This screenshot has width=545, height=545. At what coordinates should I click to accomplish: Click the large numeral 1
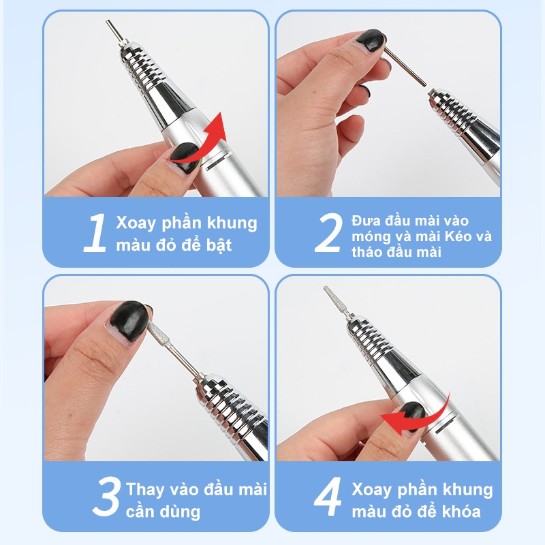click(x=96, y=233)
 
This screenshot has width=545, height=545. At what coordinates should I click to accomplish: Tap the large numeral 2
click(x=328, y=233)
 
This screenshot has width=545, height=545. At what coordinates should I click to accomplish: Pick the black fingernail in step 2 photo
click(x=372, y=40)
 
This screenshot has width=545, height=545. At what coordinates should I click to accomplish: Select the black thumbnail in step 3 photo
click(x=127, y=317)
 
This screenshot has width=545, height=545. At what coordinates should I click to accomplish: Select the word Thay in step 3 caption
click(x=145, y=489)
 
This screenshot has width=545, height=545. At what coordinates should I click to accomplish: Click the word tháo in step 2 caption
click(x=369, y=252)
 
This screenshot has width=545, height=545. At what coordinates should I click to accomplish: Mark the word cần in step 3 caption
click(x=141, y=512)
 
